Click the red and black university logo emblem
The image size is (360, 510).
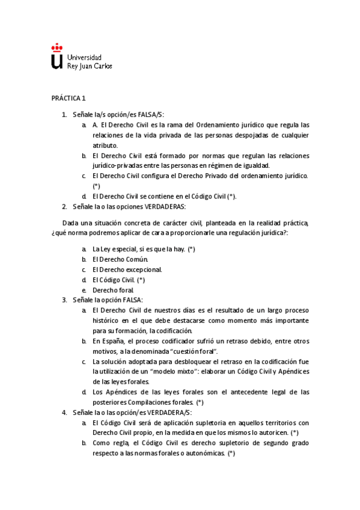(x=56, y=55)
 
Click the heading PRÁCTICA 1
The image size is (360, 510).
(x=69, y=98)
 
